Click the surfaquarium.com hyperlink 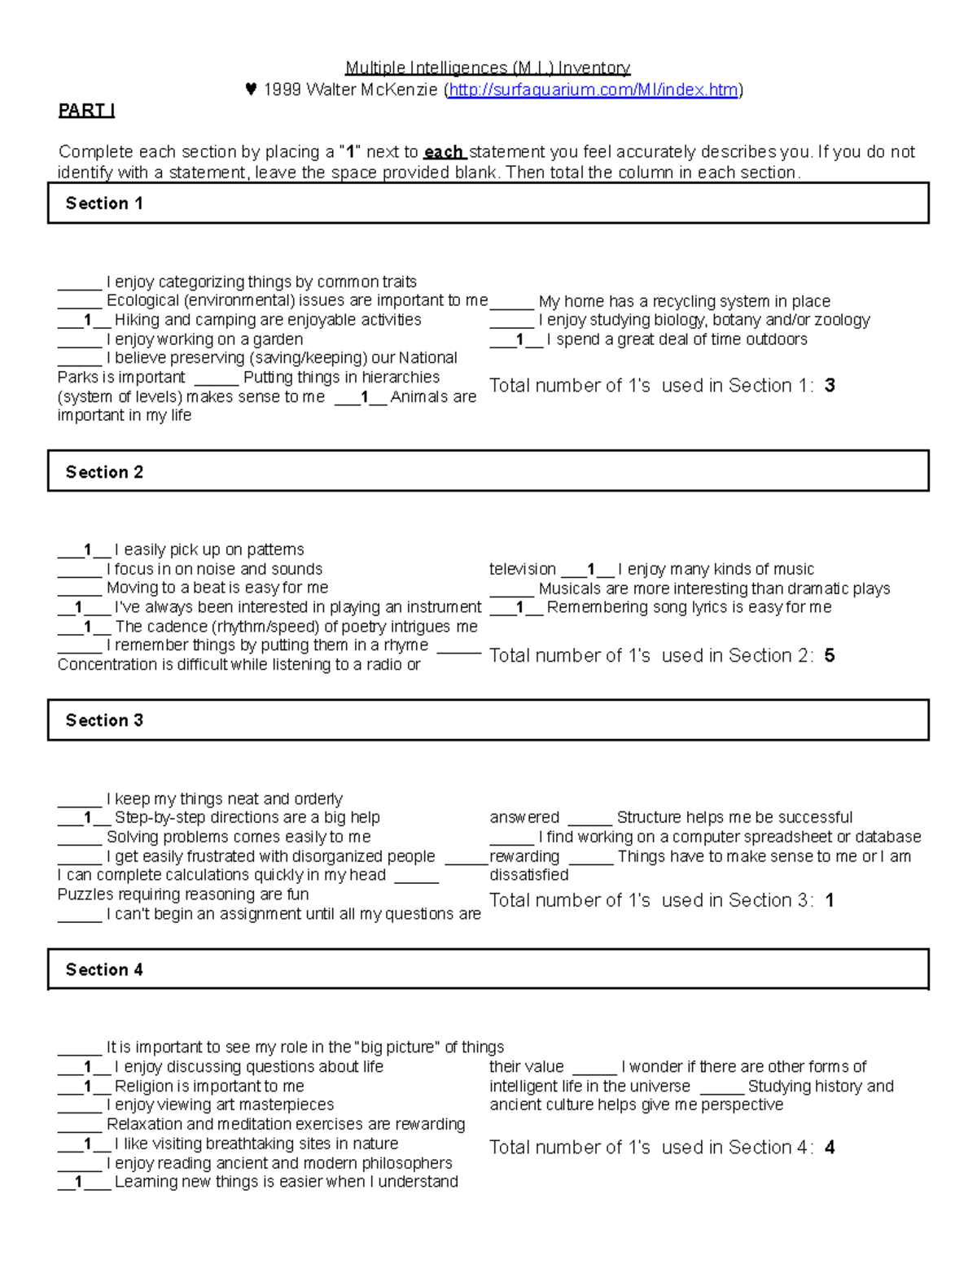[594, 90]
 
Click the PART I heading [86, 111]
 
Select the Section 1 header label [104, 203]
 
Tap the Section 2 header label [104, 472]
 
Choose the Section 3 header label [104, 720]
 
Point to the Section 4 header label [104, 969]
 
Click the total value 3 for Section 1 [830, 386]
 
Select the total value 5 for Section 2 [830, 655]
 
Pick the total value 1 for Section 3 [830, 900]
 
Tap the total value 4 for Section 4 [830, 1148]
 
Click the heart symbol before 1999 [251, 90]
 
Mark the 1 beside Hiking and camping [87, 320]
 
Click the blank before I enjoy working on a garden [79, 340]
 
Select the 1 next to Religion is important [87, 1087]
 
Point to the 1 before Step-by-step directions [87, 817]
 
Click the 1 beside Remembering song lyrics [519, 607]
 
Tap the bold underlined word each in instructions [444, 152]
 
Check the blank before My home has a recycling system [511, 302]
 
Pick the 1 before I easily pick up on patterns [87, 550]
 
